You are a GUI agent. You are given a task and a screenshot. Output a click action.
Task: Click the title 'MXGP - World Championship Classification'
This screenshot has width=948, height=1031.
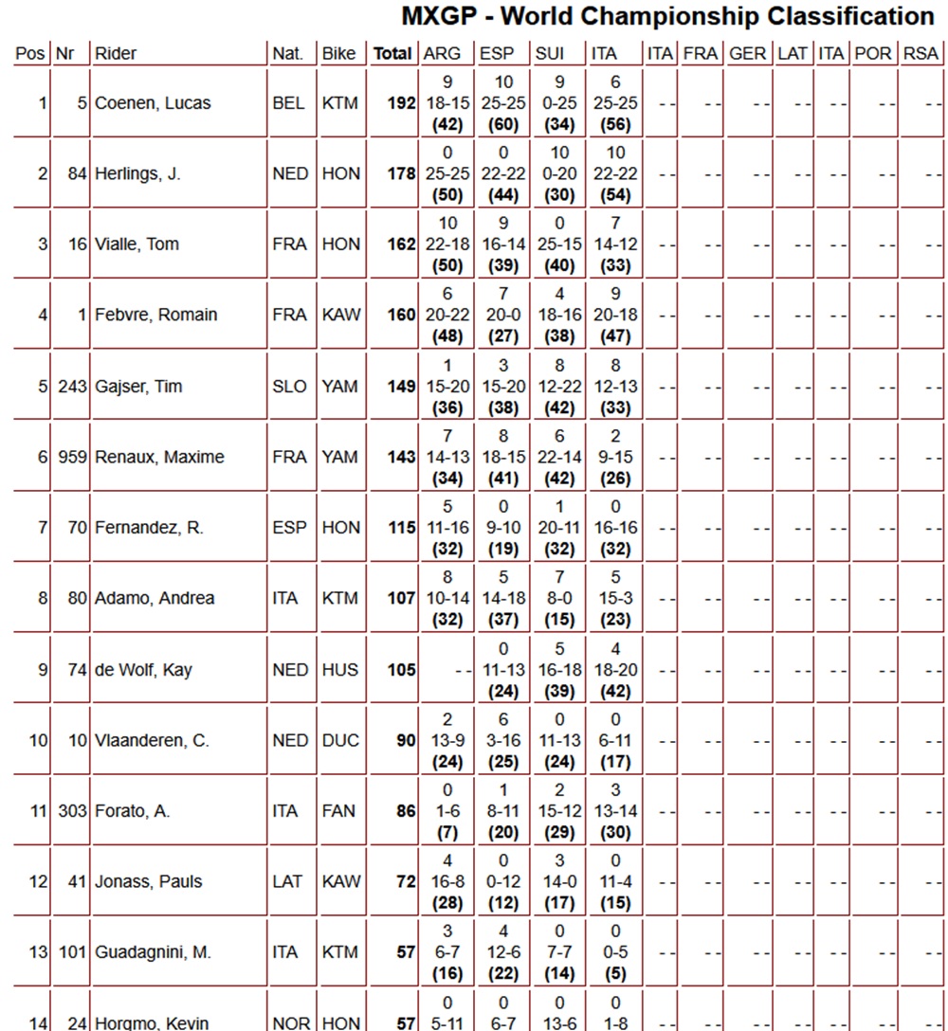(667, 17)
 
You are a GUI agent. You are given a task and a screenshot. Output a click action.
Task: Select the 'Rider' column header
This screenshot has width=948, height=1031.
(116, 54)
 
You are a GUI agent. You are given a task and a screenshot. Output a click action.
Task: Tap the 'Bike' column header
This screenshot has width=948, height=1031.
(339, 54)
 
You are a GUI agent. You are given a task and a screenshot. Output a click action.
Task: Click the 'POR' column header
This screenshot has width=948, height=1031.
(872, 54)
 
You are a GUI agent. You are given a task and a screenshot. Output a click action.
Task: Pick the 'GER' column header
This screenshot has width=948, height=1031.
(748, 54)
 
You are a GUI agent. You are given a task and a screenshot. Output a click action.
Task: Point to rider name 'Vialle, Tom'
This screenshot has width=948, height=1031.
(137, 244)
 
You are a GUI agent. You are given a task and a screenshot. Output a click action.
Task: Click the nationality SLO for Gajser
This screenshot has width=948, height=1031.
(289, 387)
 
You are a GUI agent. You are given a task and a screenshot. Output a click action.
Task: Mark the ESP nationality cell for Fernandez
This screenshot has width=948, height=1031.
(289, 528)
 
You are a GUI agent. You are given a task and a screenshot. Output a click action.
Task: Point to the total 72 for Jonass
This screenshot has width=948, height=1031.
(406, 881)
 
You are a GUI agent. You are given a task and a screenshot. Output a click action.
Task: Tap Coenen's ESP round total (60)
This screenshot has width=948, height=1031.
(502, 123)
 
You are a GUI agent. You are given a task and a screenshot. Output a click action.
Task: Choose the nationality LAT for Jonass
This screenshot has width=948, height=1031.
(287, 881)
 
